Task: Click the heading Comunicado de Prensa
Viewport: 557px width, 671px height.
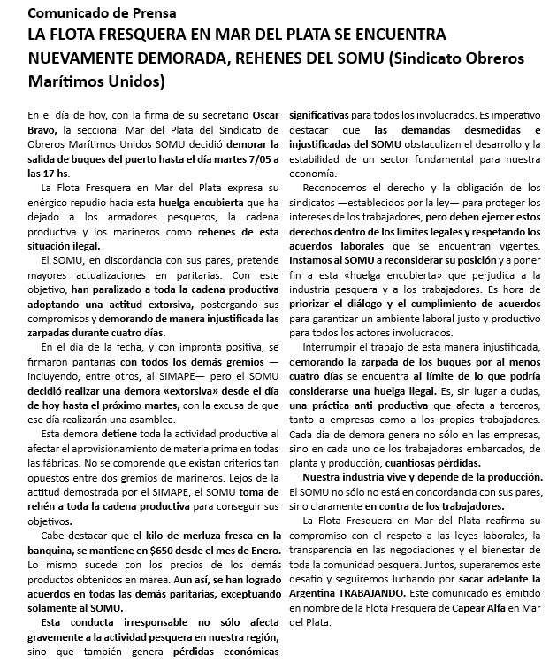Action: [x=102, y=13]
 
